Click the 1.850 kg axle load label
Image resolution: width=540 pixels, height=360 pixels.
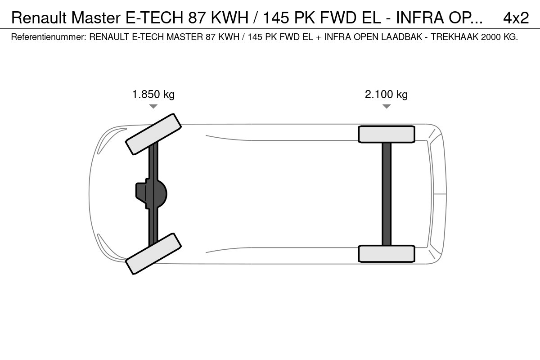[153, 94]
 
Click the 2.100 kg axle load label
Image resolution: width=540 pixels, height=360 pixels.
[386, 94]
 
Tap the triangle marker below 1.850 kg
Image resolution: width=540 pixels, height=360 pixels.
[153, 106]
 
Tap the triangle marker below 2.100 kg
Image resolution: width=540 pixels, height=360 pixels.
[387, 106]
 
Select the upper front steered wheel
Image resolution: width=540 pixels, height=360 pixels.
[153, 134]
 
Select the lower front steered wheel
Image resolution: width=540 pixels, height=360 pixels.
[153, 254]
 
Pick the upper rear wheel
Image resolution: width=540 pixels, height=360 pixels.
[387, 134]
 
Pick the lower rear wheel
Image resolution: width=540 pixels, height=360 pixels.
[387, 254]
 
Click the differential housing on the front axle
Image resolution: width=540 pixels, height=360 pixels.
[151, 194]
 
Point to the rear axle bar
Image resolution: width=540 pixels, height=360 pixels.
[387, 194]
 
